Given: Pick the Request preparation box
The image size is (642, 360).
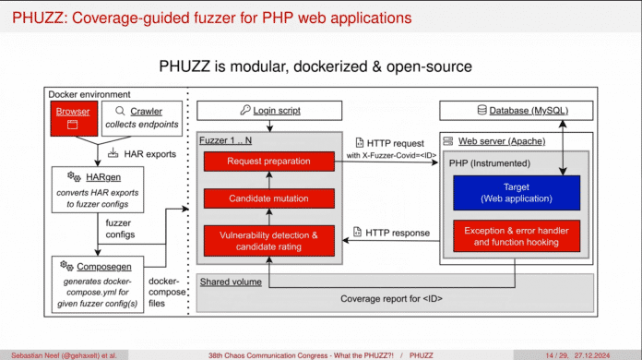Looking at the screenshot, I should point(267,162).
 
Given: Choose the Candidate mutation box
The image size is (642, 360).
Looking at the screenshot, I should point(267,198).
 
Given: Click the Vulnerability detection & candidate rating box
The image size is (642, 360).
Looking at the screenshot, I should point(267,241).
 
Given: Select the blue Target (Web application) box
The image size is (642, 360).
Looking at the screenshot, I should point(516,192).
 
